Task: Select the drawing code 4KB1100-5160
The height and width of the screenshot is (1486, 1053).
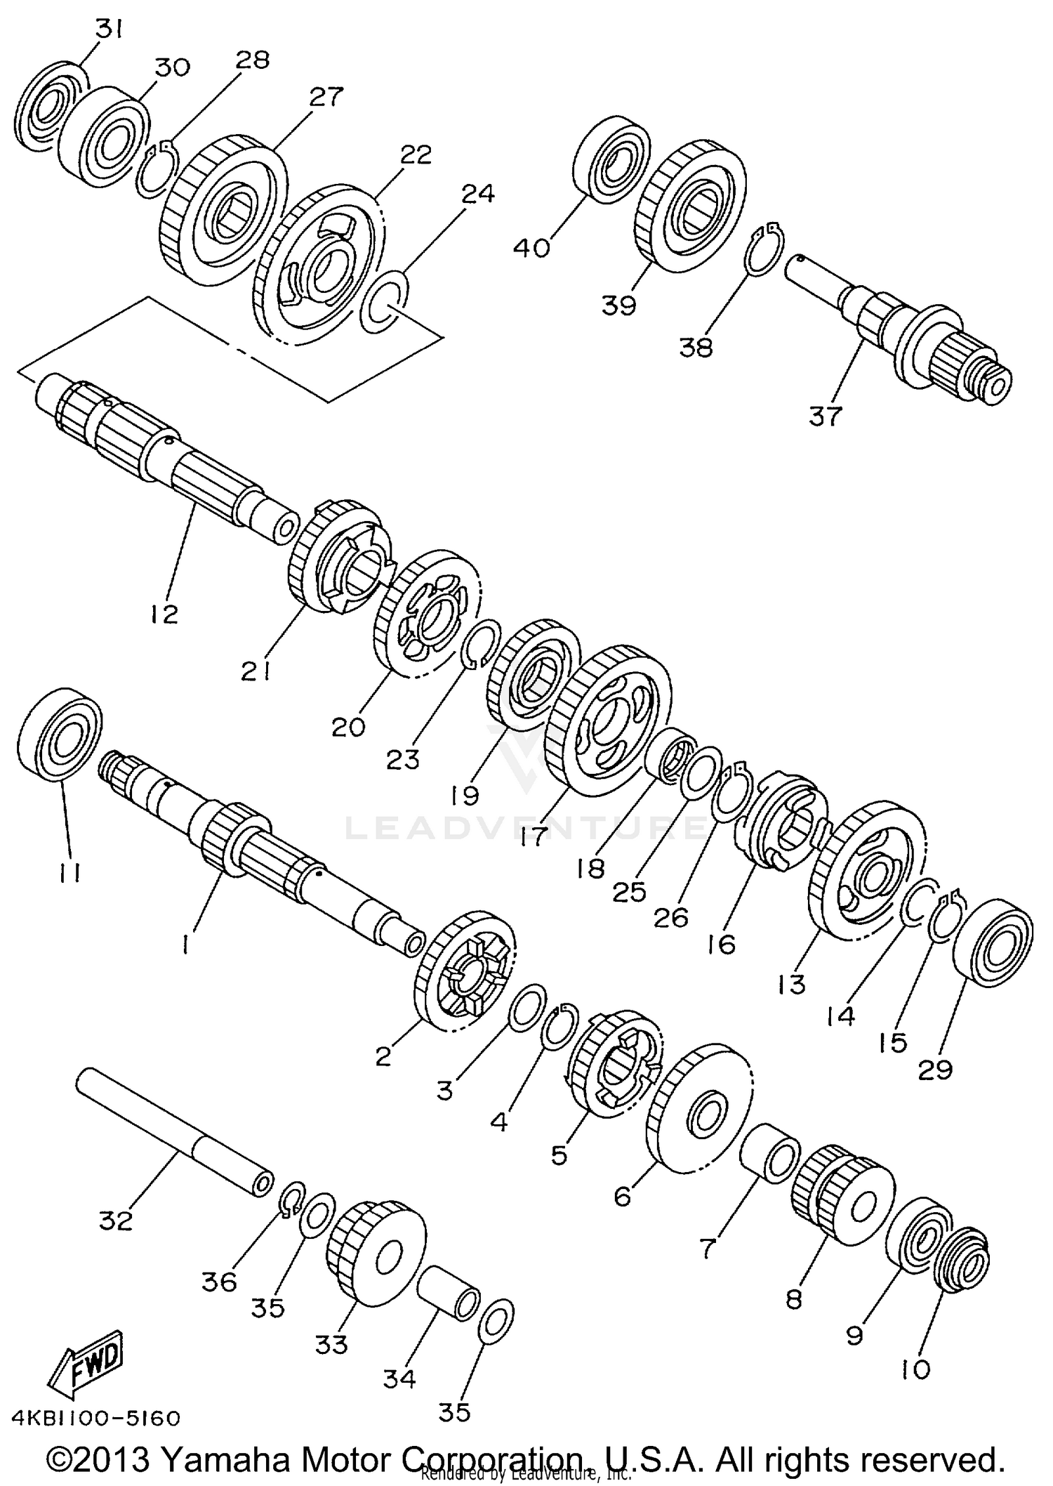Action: click(95, 1418)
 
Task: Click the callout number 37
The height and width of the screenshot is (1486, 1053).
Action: click(825, 416)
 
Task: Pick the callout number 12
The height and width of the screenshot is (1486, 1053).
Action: click(164, 614)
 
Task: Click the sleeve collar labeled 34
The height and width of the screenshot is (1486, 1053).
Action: click(449, 1296)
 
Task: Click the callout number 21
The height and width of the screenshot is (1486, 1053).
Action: click(256, 672)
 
